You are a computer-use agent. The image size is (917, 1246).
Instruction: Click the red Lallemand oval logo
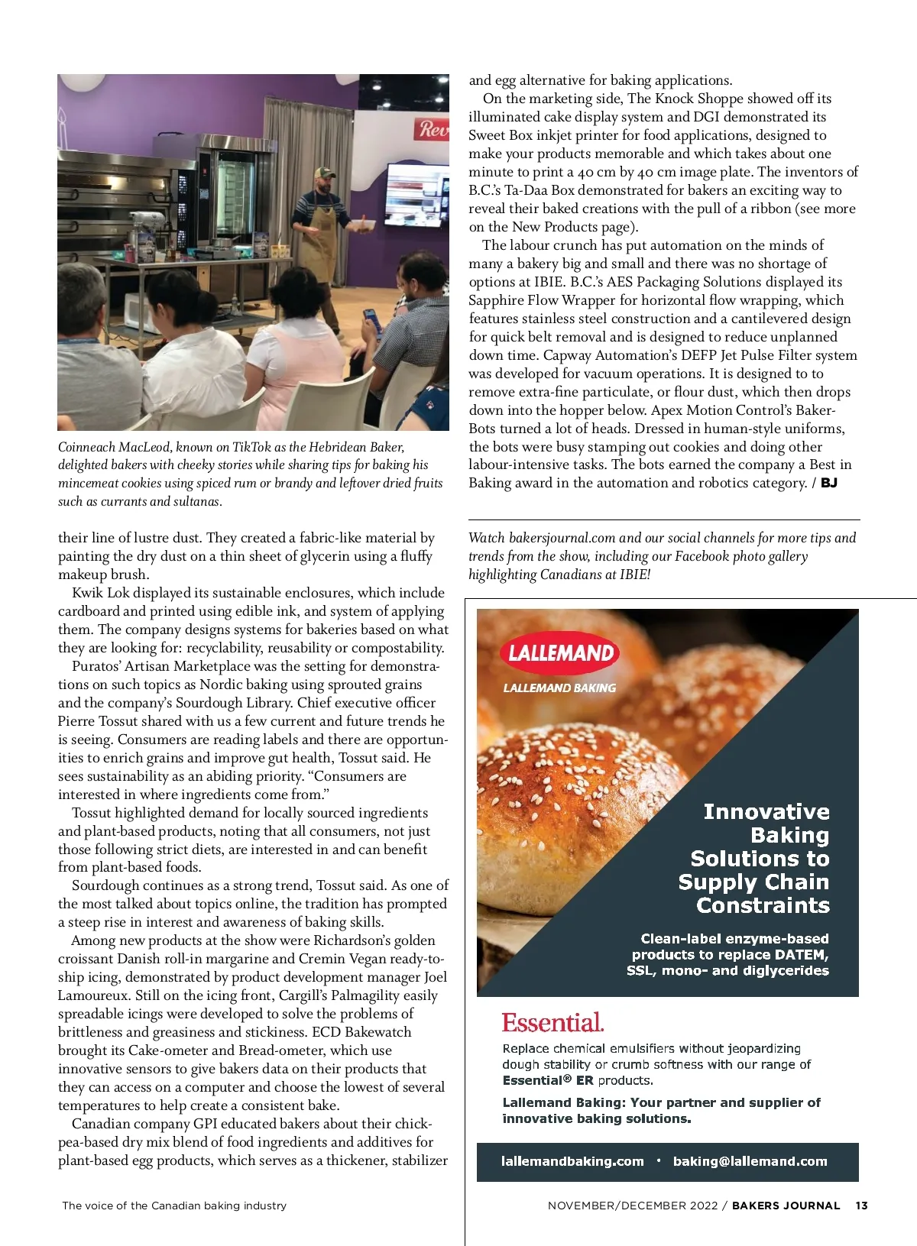561,652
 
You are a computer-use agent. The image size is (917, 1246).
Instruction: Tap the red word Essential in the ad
552,1022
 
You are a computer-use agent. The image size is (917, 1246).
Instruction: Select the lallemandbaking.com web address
572,1161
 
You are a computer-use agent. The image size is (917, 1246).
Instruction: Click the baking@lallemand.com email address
750,1161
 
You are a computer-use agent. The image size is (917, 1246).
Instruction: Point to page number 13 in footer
861,1206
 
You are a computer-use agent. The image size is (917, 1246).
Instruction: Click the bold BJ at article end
829,483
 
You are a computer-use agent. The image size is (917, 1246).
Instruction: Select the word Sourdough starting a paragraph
108,885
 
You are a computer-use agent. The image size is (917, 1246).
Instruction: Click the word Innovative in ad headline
766,811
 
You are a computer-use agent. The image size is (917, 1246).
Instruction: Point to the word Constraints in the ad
763,905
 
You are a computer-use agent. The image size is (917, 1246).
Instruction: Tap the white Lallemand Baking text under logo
559,688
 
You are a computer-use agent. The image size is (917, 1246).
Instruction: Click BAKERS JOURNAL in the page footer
786,1206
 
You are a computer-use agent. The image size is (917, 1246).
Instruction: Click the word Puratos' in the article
96,666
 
